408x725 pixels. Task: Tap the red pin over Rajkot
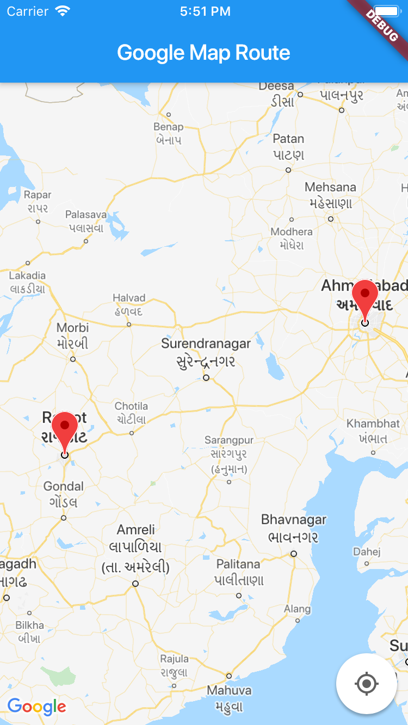coord(65,429)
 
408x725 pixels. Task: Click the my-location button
coord(366,683)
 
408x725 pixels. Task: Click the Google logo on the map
coord(37,707)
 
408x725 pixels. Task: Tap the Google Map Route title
coord(203,53)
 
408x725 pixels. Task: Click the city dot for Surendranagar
coord(206,377)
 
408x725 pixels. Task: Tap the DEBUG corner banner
coord(382,24)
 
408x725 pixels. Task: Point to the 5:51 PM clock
coord(205,11)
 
